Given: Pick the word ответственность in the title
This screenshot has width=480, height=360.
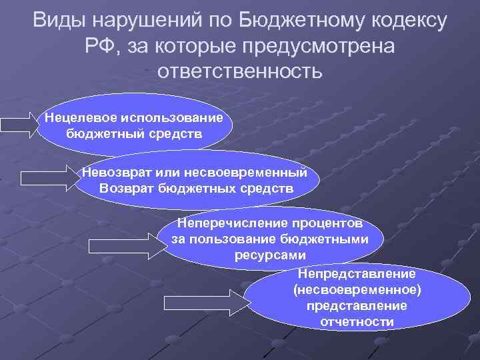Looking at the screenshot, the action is pos(239,71).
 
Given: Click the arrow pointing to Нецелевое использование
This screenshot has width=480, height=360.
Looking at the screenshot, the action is pos(20,125).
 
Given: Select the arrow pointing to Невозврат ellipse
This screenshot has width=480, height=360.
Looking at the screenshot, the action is pos(50,178).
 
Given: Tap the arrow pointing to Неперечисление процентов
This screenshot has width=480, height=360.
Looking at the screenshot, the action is pos(127,245).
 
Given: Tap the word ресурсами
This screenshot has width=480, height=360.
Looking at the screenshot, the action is pos(269,255).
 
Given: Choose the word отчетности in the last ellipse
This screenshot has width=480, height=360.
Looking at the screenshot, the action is pos(357,321).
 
